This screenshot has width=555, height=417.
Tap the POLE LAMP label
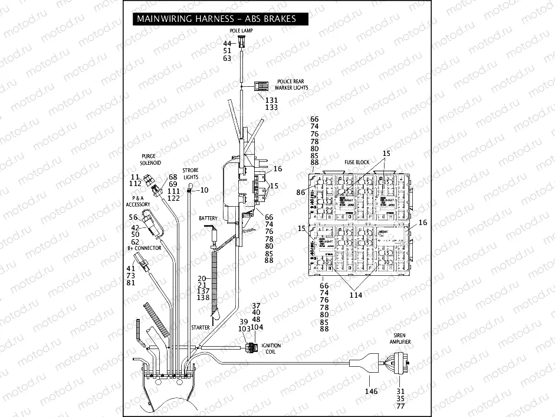pyautogui.click(x=242, y=30)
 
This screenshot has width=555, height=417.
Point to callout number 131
pyautogui.click(x=271, y=100)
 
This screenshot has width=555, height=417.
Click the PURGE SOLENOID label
pyautogui.click(x=150, y=159)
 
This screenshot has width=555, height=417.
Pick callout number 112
pyautogui.click(x=135, y=183)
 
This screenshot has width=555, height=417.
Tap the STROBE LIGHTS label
pyautogui.click(x=191, y=173)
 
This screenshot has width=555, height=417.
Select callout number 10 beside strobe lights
pyautogui.click(x=205, y=190)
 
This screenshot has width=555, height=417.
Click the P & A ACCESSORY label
pyautogui.click(x=138, y=201)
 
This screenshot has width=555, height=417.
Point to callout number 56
pyautogui.click(x=133, y=217)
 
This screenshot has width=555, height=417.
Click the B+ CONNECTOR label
pyautogui.click(x=145, y=248)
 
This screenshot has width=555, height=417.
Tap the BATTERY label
pyautogui.click(x=209, y=218)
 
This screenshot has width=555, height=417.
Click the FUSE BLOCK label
pyautogui.click(x=357, y=162)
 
